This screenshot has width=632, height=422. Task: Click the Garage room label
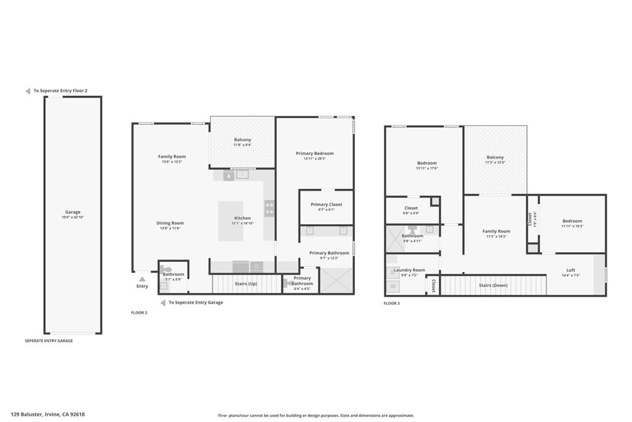[73, 212]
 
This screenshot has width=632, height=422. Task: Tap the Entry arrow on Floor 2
[142, 279]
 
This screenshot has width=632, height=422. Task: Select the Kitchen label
[243, 218]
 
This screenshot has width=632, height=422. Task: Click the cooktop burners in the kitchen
[269, 208]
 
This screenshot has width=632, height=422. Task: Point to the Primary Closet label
[326, 205]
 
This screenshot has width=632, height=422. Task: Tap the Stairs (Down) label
[494, 285]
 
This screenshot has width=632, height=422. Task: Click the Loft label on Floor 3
[570, 270]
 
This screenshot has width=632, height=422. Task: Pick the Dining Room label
[170, 223]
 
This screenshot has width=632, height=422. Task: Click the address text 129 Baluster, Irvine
[47, 415]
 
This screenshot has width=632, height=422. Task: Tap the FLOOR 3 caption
[391, 303]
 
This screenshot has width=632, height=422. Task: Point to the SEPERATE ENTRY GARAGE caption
[49, 340]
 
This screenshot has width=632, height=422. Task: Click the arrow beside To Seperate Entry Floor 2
[28, 91]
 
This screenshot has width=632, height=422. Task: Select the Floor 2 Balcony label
[243, 140]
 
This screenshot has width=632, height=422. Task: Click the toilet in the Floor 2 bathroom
[165, 269]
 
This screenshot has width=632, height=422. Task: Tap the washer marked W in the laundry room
[393, 287]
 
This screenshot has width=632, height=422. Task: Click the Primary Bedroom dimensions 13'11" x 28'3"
[314, 159]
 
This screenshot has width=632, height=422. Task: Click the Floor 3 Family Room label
[496, 232]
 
